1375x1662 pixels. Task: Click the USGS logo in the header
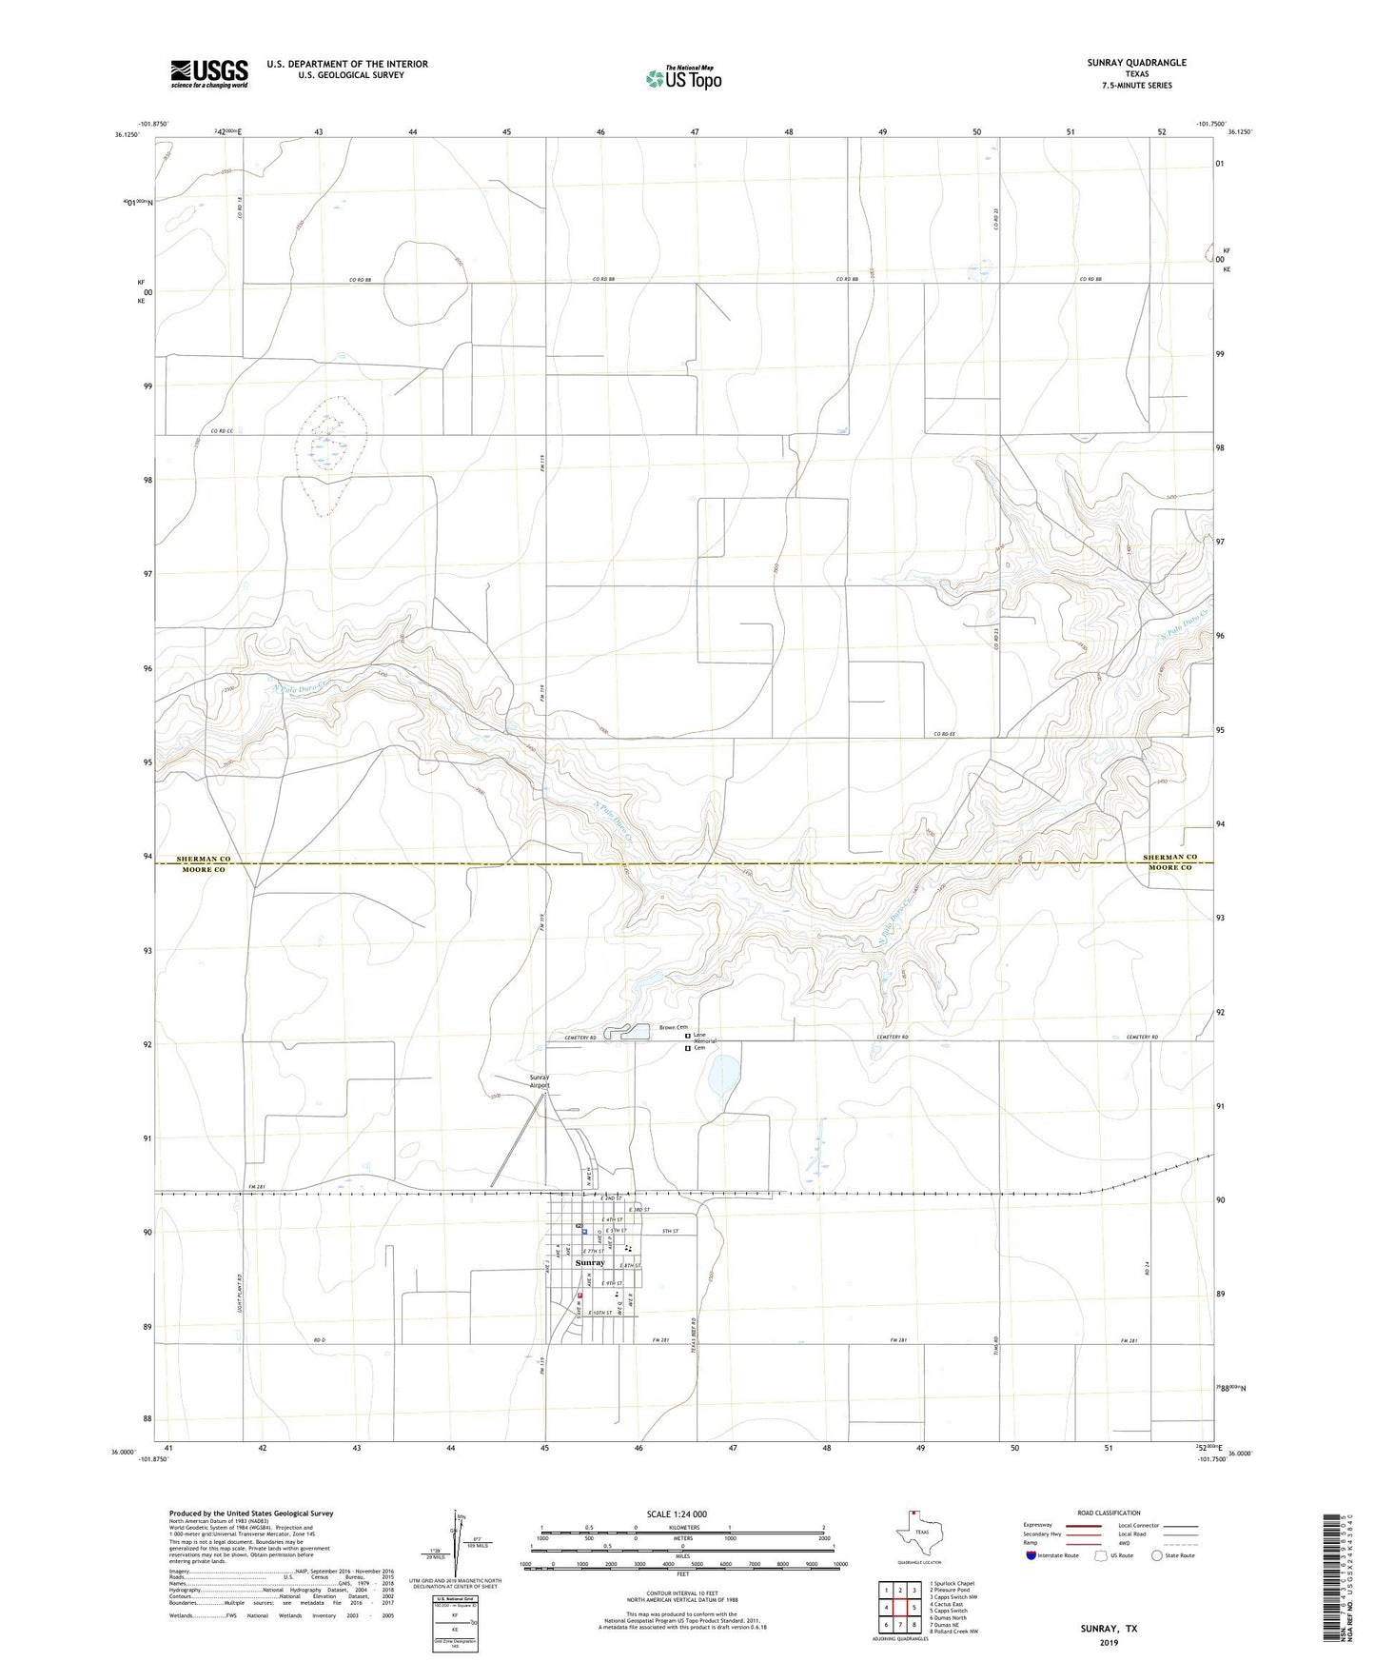209,73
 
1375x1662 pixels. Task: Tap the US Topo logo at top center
683,77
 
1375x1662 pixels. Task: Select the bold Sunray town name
590,1262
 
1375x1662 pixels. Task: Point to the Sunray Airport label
540,1081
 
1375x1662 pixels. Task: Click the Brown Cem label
674,1028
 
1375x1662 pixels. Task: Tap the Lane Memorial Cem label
705,1041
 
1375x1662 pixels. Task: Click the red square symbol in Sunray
579,1296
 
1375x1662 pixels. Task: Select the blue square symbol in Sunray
584,1230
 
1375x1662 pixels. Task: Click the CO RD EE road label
943,734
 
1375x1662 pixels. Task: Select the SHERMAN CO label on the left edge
204,859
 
